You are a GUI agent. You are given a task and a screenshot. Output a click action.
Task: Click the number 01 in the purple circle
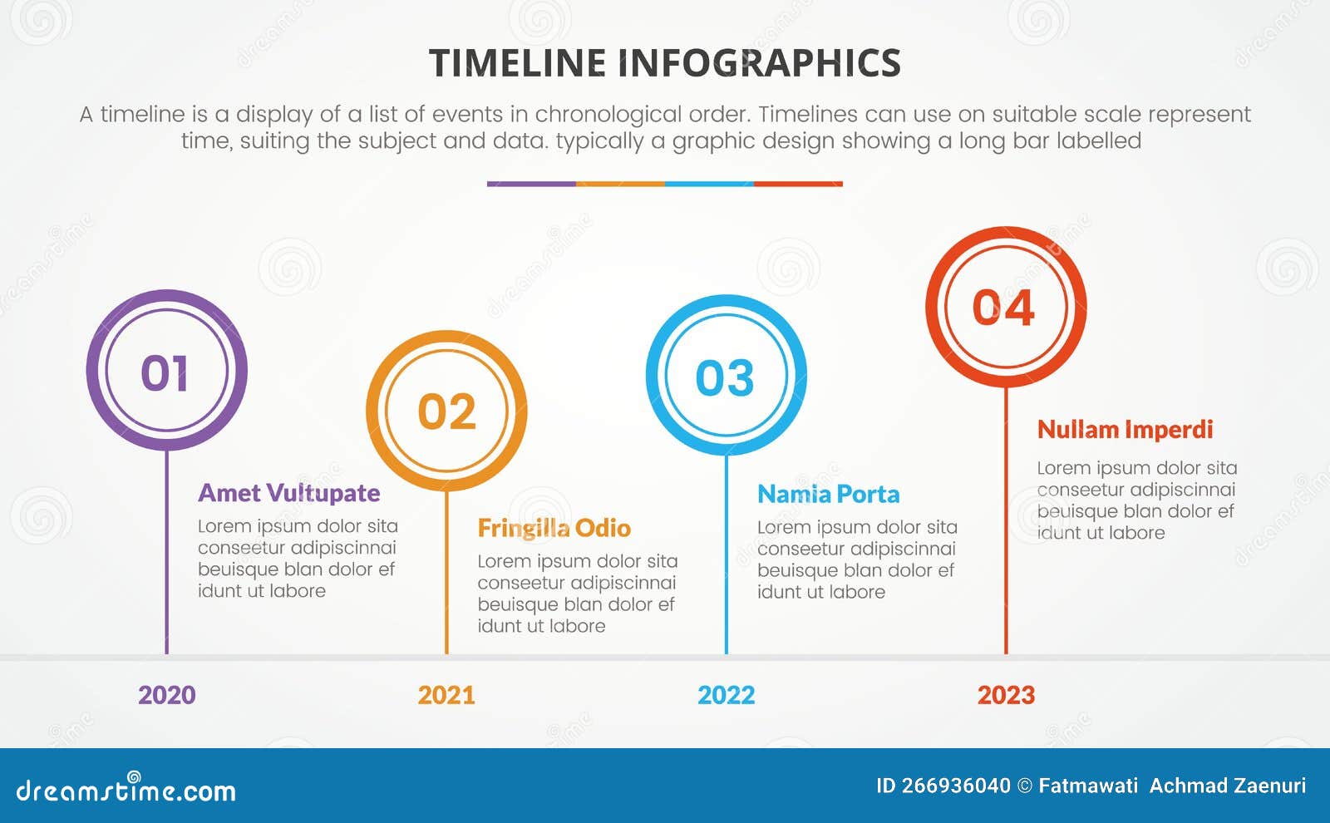pyautogui.click(x=165, y=372)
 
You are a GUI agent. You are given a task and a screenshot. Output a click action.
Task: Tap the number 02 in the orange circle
pyautogui.click(x=446, y=411)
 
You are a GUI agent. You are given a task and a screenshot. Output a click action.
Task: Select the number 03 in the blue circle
pyautogui.click(x=725, y=378)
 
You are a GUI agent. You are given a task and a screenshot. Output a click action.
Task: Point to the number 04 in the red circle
pyautogui.click(x=1003, y=308)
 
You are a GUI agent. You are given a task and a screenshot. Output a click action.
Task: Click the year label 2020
pyautogui.click(x=166, y=695)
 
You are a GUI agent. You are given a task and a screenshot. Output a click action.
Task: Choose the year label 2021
pyautogui.click(x=446, y=695)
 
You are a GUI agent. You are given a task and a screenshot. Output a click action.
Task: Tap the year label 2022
pyautogui.click(x=726, y=695)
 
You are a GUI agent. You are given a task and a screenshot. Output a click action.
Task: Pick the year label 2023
pyautogui.click(x=1006, y=695)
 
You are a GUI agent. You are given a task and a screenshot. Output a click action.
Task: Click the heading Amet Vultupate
pyautogui.click(x=288, y=493)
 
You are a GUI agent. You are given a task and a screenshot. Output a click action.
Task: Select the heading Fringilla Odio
pyautogui.click(x=554, y=528)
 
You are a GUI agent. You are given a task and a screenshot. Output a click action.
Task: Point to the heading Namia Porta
pyautogui.click(x=828, y=495)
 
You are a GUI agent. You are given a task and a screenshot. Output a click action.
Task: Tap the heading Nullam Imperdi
pyautogui.click(x=1125, y=430)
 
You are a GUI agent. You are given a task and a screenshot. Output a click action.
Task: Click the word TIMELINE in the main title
pyautogui.click(x=517, y=63)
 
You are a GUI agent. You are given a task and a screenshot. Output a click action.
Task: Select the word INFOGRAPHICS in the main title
pyautogui.click(x=759, y=63)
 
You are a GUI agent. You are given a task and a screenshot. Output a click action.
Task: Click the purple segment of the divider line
pyautogui.click(x=531, y=184)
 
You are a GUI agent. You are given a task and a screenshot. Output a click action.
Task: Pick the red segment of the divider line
pyautogui.click(x=798, y=184)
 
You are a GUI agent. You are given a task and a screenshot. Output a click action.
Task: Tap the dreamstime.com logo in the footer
pyautogui.click(x=126, y=789)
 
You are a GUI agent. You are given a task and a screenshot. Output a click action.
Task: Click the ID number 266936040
pyautogui.click(x=955, y=786)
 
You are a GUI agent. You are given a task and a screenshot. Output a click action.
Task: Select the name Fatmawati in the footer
pyautogui.click(x=1088, y=786)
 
